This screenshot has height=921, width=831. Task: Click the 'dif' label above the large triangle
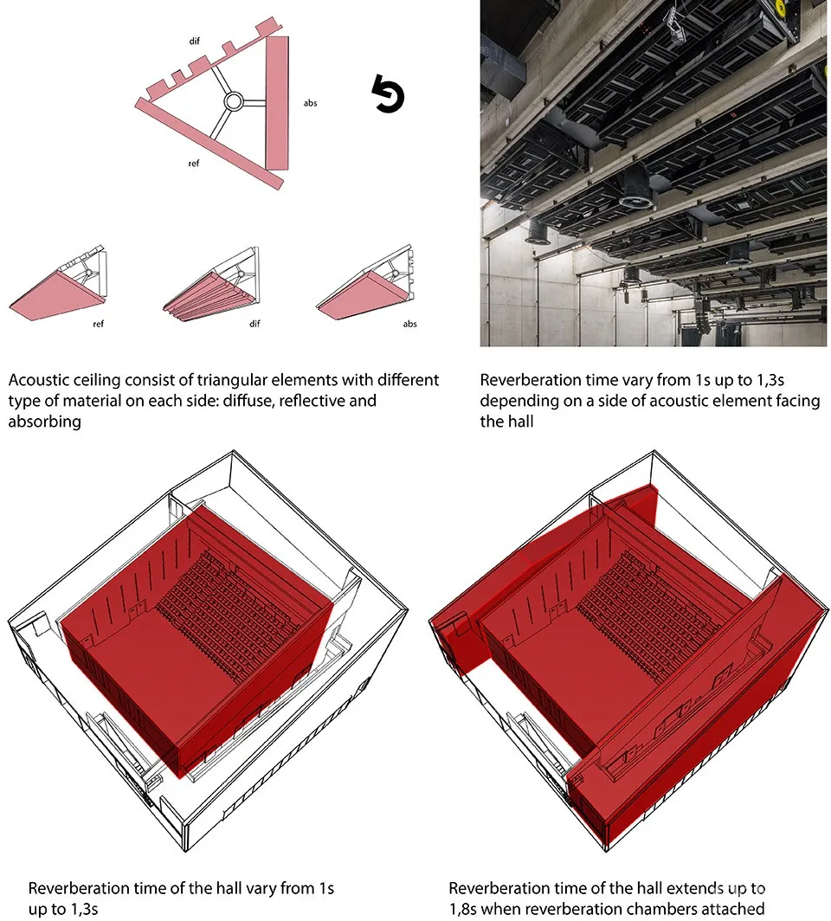coord(195,42)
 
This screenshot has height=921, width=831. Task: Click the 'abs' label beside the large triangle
coord(310,103)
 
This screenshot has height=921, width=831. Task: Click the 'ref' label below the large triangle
coord(194,164)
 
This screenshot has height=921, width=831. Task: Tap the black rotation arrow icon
coord(388,93)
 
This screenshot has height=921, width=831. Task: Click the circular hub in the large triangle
coord(233,101)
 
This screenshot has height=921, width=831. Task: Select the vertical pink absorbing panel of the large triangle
coord(277,103)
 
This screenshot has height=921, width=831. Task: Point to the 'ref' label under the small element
coord(98,324)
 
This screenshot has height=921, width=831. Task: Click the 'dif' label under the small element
coord(254,324)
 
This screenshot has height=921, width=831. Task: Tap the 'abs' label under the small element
coord(410,324)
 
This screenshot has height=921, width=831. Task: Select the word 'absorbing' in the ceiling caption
coord(45,422)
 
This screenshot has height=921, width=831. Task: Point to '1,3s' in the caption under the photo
coord(770,380)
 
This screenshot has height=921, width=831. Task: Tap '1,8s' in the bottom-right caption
coord(463,909)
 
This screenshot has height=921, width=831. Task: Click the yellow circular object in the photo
coord(779,7)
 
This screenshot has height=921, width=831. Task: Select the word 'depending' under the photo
coord(512,401)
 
